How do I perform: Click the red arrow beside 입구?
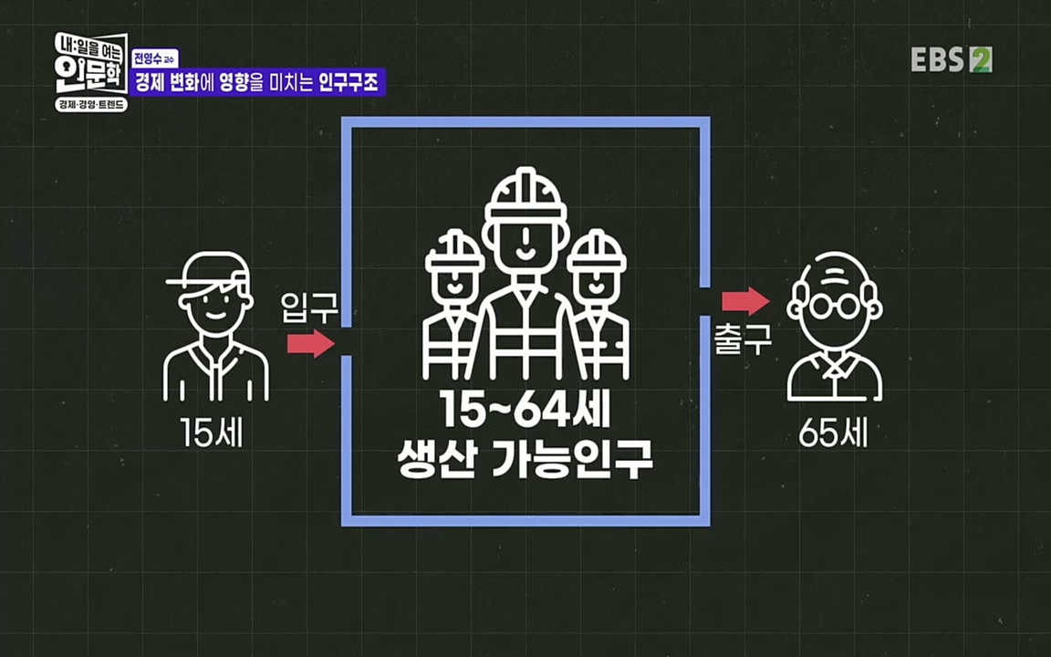310,344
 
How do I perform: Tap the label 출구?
743,339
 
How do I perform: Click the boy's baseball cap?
212,271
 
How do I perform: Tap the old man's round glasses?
835,306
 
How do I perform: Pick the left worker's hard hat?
453,251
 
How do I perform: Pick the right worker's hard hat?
596,250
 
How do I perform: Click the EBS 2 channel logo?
951,59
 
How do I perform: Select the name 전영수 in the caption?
151,58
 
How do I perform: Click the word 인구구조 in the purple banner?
351,83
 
